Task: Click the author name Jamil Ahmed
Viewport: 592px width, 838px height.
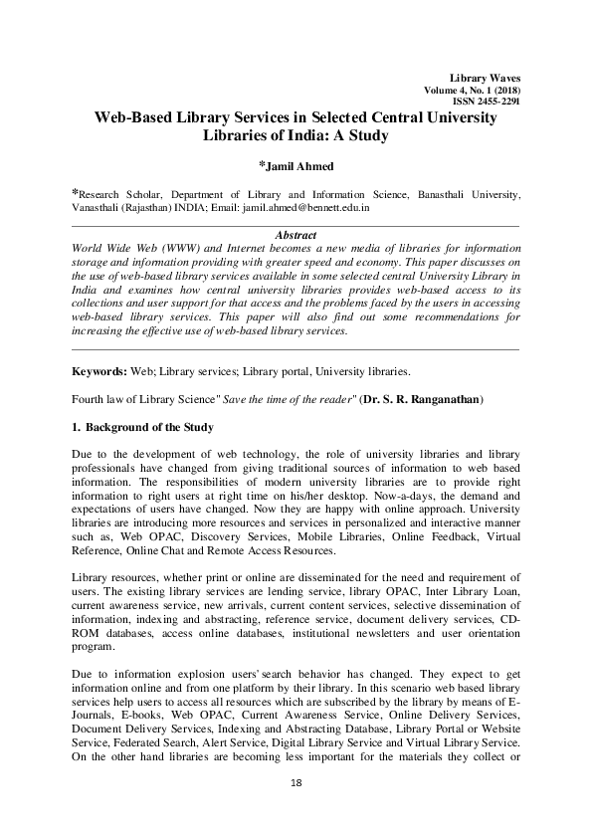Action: click(x=299, y=165)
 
